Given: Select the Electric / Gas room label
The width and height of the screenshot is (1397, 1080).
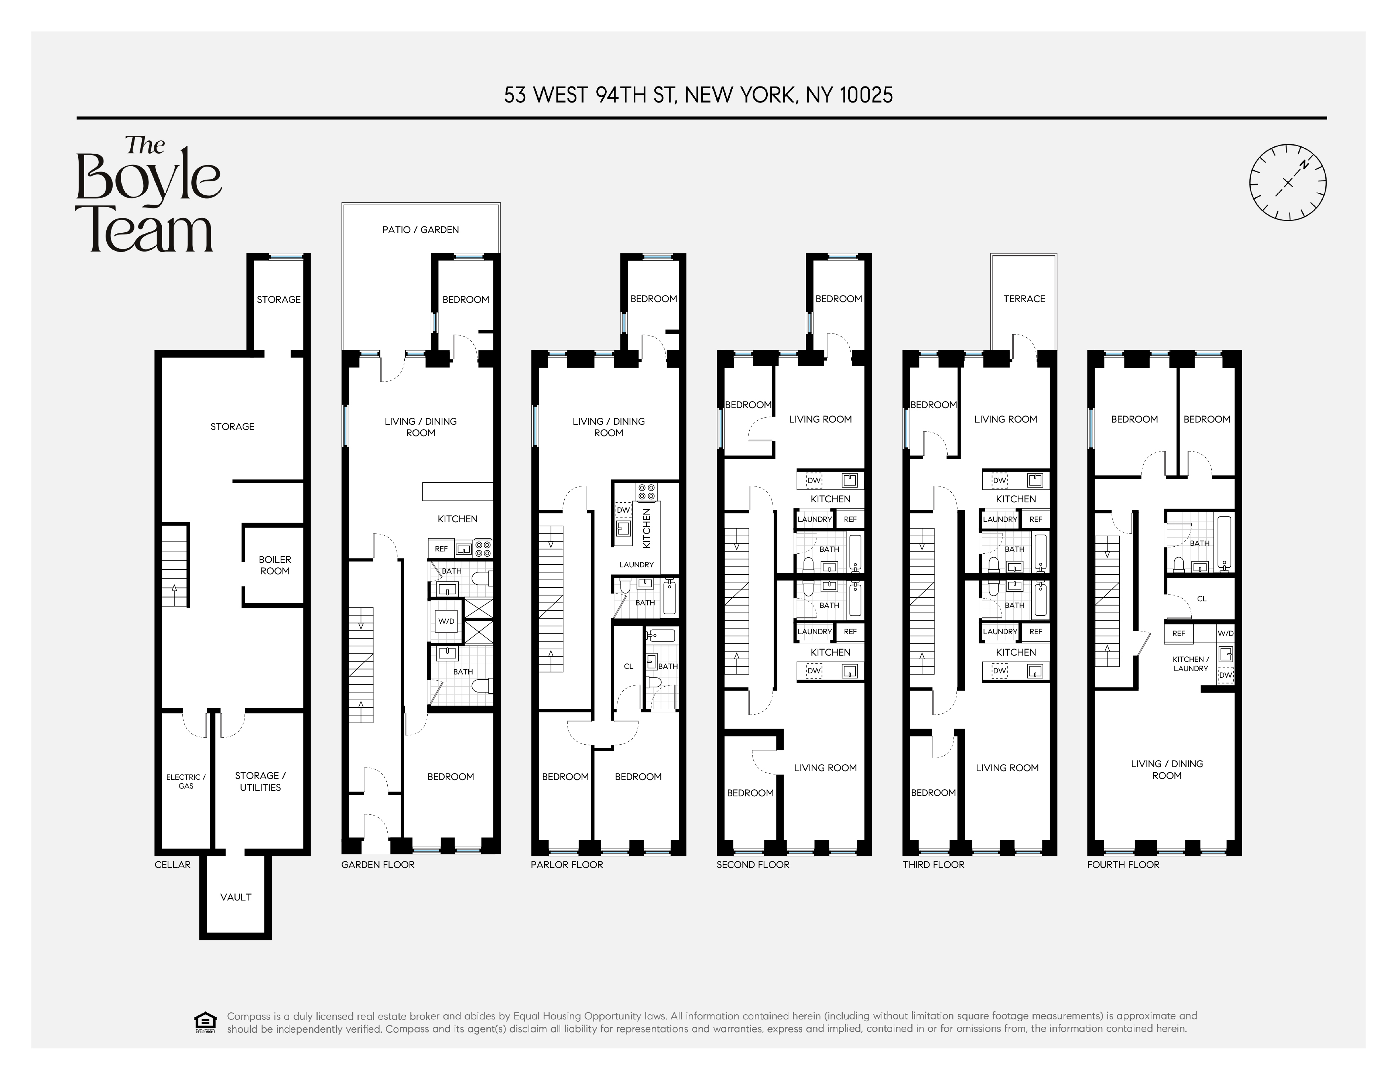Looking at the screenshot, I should click(185, 781).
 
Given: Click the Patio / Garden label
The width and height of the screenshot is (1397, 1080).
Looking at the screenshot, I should click(420, 230).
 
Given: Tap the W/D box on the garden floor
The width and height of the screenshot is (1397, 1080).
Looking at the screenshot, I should click(446, 621).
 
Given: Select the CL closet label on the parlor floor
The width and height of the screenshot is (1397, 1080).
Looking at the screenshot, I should click(628, 666).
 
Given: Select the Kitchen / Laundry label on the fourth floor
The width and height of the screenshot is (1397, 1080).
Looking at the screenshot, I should click(1191, 663).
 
